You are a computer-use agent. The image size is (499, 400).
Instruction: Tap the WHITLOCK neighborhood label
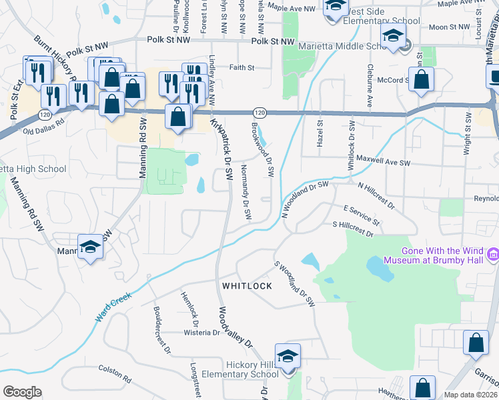pyautogui.click(x=247, y=285)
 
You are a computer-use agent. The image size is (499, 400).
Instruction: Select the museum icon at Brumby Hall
pyautogui.click(x=493, y=253)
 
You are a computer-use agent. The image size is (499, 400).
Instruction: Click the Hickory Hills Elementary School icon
pyautogui.click(x=288, y=357)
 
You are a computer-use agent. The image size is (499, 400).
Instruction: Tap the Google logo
pyautogui.click(x=22, y=391)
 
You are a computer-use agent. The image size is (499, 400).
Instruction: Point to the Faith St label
pyautogui.click(x=241, y=67)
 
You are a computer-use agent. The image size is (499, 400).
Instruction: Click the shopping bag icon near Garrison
pyautogui.click(x=476, y=343)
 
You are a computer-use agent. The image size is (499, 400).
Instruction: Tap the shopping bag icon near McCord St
pyautogui.click(x=422, y=79)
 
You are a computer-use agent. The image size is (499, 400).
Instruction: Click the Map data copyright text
pyautogui.click(x=470, y=395)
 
